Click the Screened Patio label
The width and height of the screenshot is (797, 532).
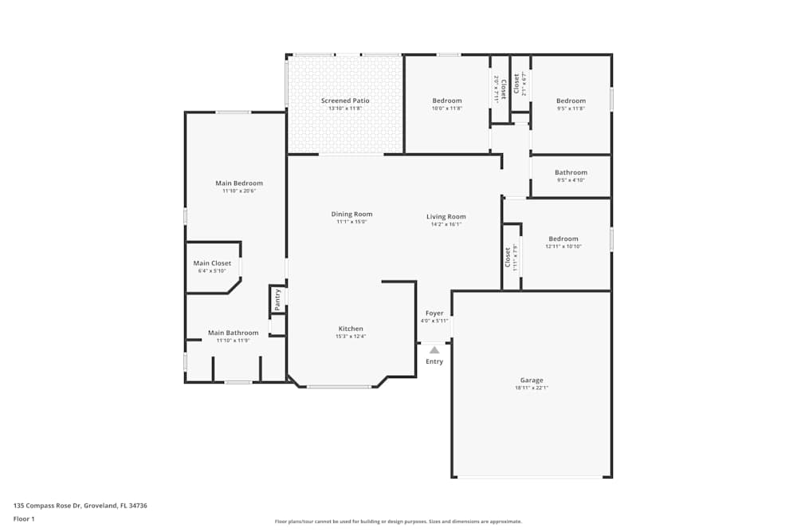click(x=345, y=100)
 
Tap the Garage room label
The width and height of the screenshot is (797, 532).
click(x=532, y=380)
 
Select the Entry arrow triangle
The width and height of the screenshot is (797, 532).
click(x=434, y=349)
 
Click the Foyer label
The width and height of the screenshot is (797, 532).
click(x=434, y=313)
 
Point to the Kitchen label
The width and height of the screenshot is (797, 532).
click(x=351, y=329)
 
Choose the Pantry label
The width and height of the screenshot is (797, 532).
click(x=277, y=300)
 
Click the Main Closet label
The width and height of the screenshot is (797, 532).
click(x=212, y=263)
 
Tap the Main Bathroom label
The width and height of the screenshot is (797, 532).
click(x=233, y=333)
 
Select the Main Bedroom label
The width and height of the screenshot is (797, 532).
click(x=239, y=183)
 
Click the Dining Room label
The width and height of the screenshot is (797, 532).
click(x=351, y=214)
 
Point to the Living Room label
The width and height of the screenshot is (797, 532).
click(x=446, y=216)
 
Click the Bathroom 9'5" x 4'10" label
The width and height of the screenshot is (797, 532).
click(x=571, y=172)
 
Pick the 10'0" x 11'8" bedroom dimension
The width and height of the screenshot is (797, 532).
click(x=447, y=108)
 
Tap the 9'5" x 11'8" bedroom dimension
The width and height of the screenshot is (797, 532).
click(x=571, y=108)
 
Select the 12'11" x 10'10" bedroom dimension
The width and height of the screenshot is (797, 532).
click(x=563, y=246)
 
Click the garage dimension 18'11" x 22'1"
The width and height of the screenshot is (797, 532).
click(x=532, y=388)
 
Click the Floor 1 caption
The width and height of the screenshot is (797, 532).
click(x=24, y=518)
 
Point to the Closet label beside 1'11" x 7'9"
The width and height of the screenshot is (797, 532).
click(x=508, y=257)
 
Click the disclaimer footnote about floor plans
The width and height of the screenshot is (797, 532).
click(x=398, y=522)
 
